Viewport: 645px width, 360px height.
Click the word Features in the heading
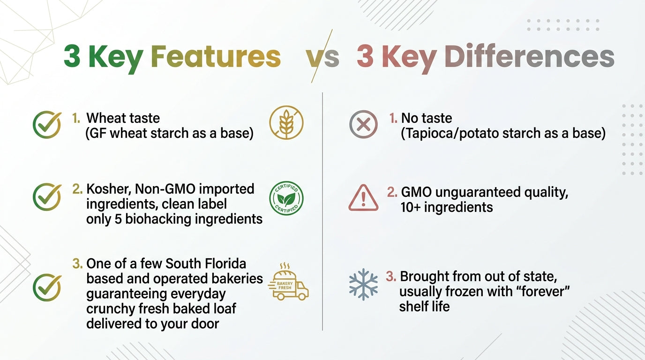215,56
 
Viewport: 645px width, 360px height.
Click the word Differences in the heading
529,56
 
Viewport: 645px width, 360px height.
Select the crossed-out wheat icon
286,122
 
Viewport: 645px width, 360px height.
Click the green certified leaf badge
286,198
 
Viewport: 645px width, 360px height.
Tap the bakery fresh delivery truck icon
288,282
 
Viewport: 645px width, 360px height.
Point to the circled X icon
363,124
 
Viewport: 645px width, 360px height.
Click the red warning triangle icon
363,198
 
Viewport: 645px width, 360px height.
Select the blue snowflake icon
363,284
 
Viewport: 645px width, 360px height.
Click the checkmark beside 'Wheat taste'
47,125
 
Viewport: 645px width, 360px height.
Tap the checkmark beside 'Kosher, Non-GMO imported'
47,197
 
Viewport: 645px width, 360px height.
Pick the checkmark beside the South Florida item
47,287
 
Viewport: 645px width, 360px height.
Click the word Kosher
109,189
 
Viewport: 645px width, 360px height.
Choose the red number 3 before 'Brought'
391,277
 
